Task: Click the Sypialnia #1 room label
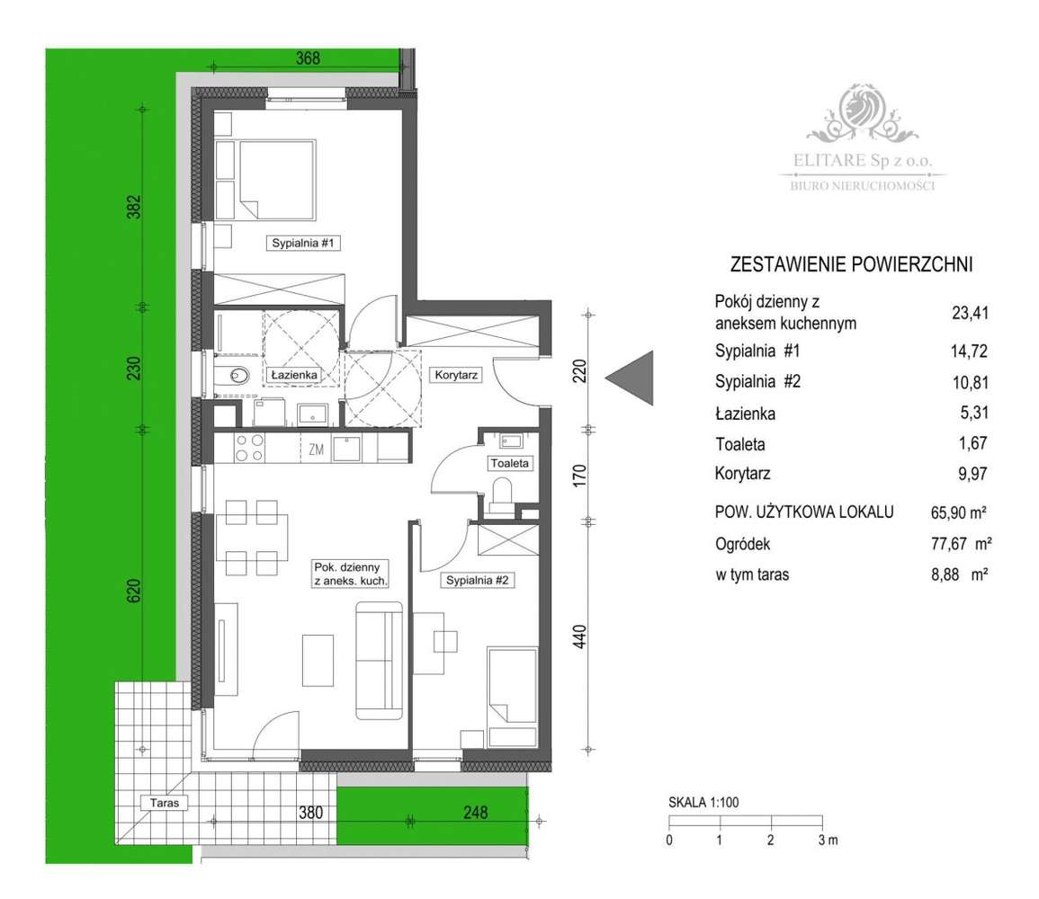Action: coord(303,243)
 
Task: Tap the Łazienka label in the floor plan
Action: coord(294,375)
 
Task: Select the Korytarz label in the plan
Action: coord(456,375)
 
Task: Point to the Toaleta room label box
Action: coord(509,463)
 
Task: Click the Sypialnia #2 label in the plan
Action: coord(477,581)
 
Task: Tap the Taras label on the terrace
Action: coord(165,803)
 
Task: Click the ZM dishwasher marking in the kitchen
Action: coord(316,449)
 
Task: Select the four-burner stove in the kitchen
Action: coord(250,448)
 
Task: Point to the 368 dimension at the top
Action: coord(309,58)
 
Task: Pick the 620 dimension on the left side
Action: coord(134,590)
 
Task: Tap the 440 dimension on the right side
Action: coord(579,636)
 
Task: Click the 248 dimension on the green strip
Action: coord(476,812)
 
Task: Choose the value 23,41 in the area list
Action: coord(970,313)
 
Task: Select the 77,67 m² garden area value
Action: coord(961,544)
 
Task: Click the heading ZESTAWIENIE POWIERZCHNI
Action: coord(852,265)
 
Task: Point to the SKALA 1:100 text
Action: coord(703,802)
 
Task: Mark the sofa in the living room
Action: coord(379,660)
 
